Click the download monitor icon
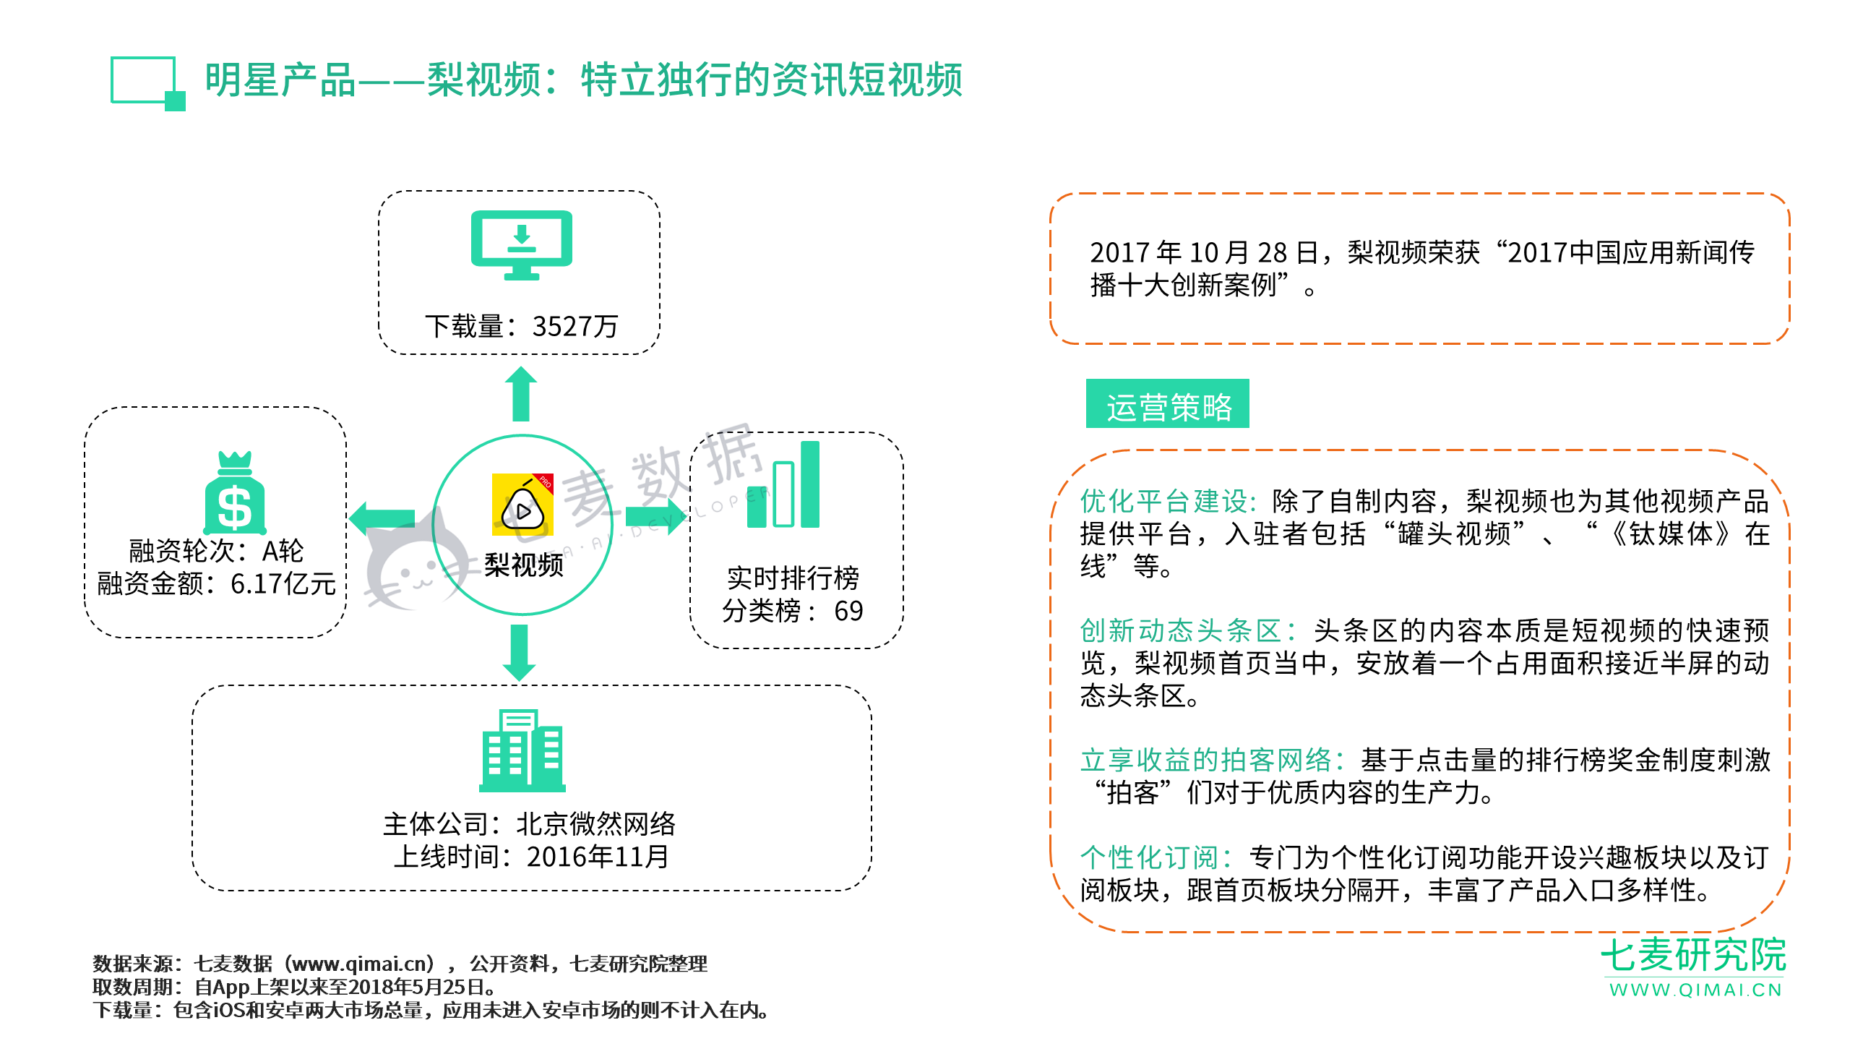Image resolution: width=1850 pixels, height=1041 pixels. click(x=521, y=245)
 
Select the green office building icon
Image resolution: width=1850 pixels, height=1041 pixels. click(x=522, y=750)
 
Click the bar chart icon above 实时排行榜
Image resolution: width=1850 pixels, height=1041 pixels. click(x=783, y=484)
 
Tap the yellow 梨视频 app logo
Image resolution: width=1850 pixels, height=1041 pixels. click(x=522, y=505)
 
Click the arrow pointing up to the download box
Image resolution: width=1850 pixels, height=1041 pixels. click(x=520, y=394)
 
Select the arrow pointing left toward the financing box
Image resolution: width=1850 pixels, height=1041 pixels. click(x=382, y=518)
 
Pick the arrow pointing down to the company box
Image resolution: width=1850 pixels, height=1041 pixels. click(x=519, y=653)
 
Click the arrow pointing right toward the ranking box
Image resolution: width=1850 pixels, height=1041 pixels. click(x=655, y=517)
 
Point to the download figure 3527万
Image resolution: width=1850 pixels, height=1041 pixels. click(x=575, y=327)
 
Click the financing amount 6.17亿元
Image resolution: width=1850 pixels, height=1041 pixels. click(x=283, y=584)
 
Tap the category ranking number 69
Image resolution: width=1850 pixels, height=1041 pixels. click(x=848, y=612)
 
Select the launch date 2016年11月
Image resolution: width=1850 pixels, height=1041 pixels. click(x=598, y=857)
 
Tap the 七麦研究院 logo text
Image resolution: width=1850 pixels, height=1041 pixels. click(x=1693, y=955)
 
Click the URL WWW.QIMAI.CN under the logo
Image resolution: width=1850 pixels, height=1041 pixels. click(x=1695, y=990)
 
